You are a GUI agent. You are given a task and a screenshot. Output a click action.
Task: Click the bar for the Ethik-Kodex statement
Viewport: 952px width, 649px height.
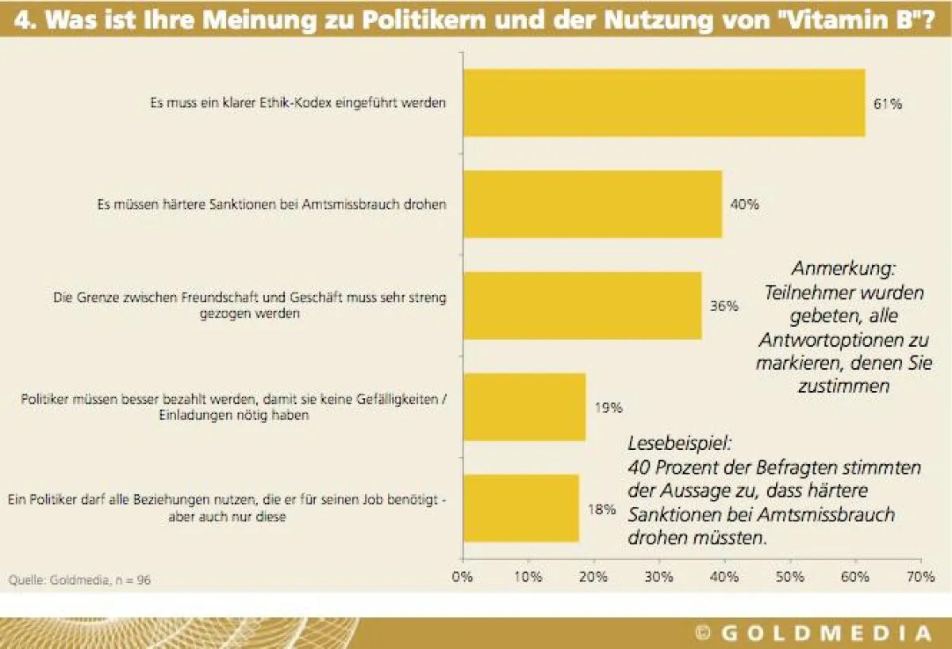point(663,103)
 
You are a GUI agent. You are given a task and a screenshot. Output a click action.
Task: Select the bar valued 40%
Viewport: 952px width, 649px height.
point(592,205)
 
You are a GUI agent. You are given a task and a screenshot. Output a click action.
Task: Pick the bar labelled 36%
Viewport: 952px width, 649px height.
point(582,306)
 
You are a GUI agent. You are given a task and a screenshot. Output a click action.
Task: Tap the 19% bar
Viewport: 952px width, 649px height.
point(524,408)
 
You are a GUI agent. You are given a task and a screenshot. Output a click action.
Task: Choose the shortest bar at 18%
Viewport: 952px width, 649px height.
point(520,509)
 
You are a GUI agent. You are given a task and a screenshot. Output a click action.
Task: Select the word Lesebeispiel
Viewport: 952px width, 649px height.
point(681,445)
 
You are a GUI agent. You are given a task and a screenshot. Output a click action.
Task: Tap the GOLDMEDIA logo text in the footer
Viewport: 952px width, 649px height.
point(825,633)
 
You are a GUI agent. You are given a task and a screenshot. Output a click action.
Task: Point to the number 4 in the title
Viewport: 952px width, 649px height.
point(24,19)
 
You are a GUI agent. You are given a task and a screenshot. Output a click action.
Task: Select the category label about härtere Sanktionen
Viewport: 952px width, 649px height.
point(271,205)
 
